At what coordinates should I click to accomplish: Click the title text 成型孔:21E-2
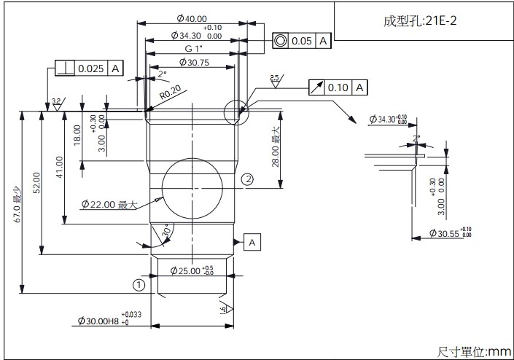[421, 21]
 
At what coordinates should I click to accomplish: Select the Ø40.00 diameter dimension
[191, 19]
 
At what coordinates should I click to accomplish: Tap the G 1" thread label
[192, 48]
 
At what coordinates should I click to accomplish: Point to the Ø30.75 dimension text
[192, 63]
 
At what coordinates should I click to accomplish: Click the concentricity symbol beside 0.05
[280, 41]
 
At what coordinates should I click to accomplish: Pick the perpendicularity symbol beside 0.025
[65, 69]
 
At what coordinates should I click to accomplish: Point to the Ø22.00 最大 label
[109, 205]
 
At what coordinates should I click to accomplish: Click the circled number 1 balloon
[139, 285]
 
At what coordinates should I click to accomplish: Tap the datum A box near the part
[252, 241]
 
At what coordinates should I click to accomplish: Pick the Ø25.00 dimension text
[192, 270]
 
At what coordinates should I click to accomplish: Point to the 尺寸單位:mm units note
[474, 351]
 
